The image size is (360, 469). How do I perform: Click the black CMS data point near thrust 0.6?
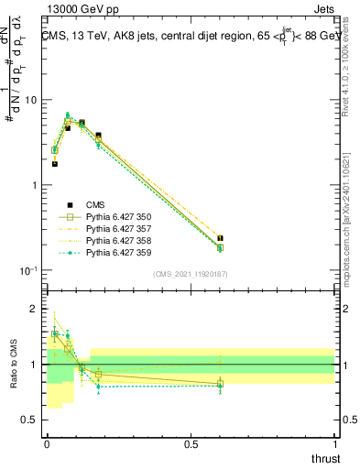click(220, 238)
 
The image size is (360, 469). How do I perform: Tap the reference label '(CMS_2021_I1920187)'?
click(191, 273)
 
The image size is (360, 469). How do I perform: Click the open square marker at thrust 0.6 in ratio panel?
click(220, 385)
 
